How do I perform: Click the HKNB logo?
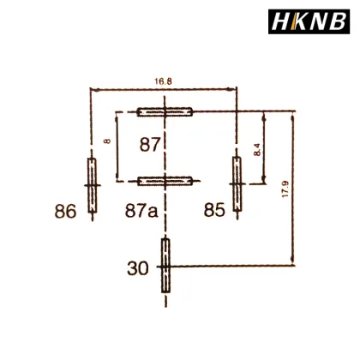pos(312,19)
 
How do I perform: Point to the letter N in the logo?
pos(321,19)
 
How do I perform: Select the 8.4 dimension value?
pos(257,148)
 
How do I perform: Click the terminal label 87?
pos(151,146)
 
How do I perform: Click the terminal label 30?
pos(139,268)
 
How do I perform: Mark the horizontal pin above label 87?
pos(166,111)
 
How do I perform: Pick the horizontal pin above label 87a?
pos(166,181)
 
